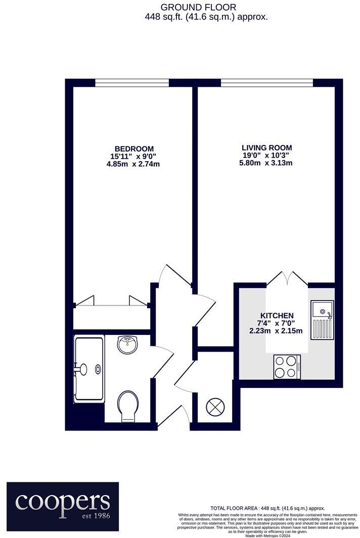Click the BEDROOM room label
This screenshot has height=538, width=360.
[134, 149]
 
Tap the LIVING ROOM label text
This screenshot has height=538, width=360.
[266, 148]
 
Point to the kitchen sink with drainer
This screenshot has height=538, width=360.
[322, 321]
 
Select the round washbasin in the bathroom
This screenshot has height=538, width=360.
[127, 345]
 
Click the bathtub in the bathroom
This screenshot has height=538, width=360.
[89, 369]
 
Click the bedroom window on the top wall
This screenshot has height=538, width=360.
[132, 82]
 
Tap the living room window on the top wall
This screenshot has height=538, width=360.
[267, 82]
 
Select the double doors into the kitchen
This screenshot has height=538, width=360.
[287, 279]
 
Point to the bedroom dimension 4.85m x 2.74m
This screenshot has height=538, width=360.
[134, 164]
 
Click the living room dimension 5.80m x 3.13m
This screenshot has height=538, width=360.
[266, 163]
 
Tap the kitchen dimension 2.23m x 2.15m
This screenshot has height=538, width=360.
[276, 331]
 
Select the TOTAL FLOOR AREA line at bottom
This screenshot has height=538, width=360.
[267, 508]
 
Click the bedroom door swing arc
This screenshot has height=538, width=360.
[167, 274]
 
